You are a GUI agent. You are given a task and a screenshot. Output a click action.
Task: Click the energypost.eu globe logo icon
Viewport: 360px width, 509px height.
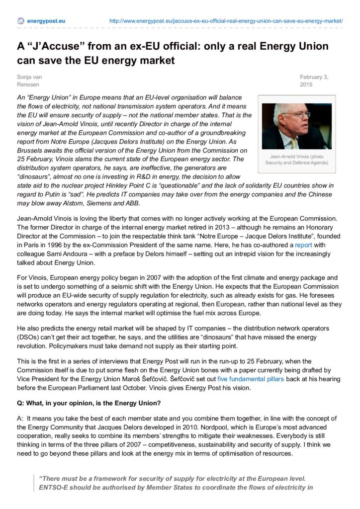tap(20, 21)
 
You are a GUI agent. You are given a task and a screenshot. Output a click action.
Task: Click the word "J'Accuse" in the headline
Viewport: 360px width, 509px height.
tap(53, 46)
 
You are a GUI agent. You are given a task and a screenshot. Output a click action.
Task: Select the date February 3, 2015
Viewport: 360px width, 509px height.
tap(314, 81)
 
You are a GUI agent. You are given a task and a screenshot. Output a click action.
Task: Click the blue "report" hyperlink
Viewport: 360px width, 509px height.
tap(303, 245)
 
